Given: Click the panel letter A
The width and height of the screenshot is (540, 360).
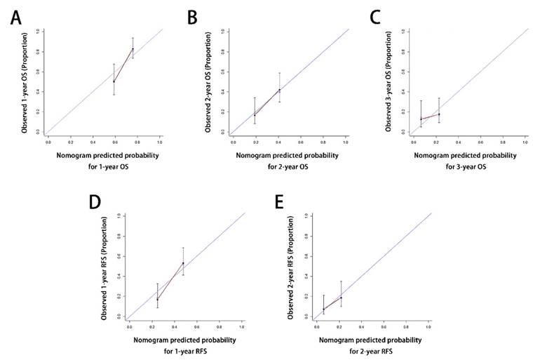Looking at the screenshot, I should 15,16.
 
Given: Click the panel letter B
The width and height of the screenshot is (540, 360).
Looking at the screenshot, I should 192,16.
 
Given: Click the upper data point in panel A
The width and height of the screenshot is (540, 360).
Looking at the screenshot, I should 133,49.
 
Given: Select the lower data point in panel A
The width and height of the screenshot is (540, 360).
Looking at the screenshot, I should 114,81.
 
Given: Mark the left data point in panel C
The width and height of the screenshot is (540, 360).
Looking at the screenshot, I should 421,119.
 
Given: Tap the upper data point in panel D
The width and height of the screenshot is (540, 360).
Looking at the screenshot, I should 183,264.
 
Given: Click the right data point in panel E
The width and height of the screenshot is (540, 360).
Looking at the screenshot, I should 341,298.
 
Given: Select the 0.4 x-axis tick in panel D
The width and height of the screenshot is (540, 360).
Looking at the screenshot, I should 174,326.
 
